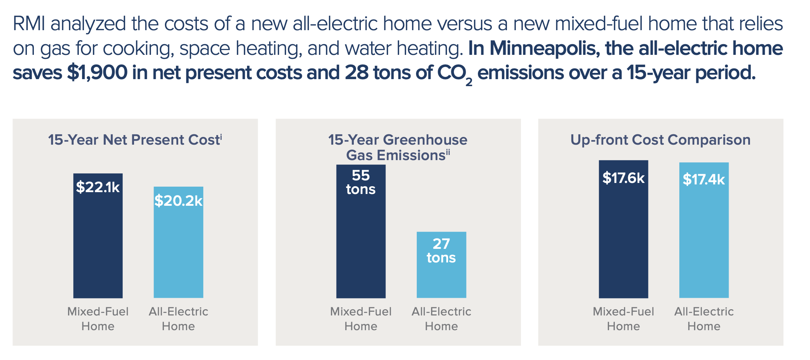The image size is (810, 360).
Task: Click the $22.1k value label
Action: tap(98, 187)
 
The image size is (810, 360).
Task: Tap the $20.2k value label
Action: tap(178, 201)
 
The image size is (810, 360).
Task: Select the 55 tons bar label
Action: tap(360, 182)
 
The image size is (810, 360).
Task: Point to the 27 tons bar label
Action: tap(441, 251)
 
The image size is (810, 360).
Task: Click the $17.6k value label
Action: tap(623, 178)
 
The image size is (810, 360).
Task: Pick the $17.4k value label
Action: tap(703, 180)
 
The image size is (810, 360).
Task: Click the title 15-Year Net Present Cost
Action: tap(134, 140)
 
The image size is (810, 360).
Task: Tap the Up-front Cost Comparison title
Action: tap(660, 140)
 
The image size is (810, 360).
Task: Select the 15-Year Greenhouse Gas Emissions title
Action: tap(398, 148)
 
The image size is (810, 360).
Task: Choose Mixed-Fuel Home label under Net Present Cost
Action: tap(98, 319)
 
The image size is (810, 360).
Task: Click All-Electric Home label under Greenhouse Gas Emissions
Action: tap(441, 319)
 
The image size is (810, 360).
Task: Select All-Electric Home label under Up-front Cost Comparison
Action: tap(704, 319)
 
